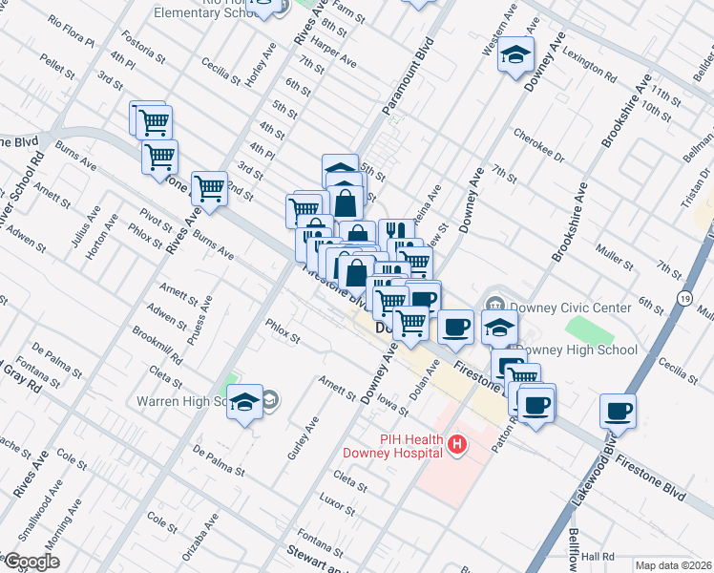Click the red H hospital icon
(458, 445)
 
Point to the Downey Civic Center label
(570, 308)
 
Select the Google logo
(31, 561)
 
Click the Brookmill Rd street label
(157, 344)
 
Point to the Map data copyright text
(673, 565)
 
